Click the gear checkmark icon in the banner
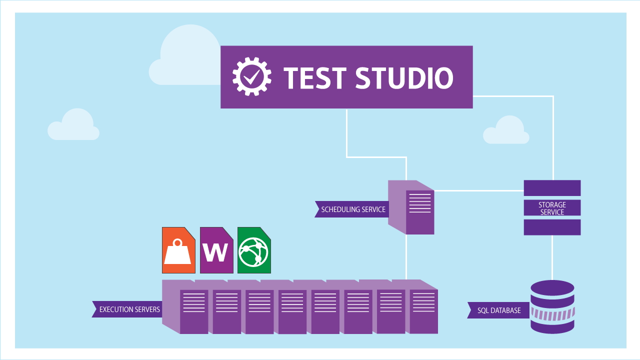point(252,76)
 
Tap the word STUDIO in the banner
point(404,77)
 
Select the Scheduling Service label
point(352,209)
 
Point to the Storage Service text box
point(552,208)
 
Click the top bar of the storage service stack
point(552,188)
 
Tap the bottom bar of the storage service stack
point(552,227)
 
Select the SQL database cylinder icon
point(552,306)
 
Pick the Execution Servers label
point(128,309)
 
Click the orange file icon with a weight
point(178,250)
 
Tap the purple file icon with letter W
point(216,250)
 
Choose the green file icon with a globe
point(254,250)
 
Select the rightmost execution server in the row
point(423,310)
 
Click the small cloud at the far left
point(74,125)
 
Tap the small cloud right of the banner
point(506,131)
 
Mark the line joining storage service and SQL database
point(552,257)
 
